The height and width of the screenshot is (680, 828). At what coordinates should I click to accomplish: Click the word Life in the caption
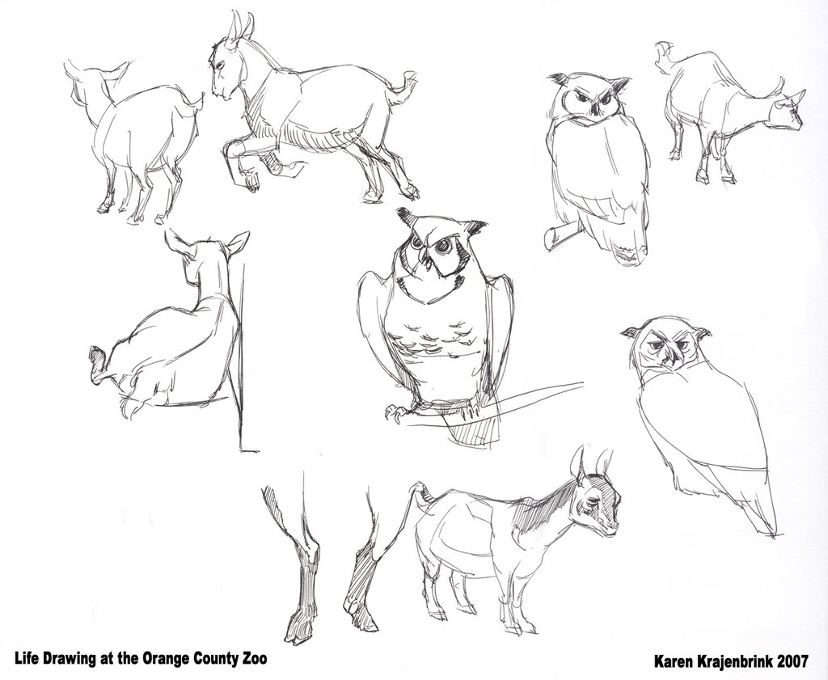click(x=27, y=657)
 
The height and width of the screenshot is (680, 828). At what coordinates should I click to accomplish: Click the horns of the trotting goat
click(x=239, y=26)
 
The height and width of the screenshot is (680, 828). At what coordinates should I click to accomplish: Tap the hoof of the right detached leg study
click(x=354, y=603)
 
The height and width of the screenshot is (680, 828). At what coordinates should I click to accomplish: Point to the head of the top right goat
click(x=787, y=112)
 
